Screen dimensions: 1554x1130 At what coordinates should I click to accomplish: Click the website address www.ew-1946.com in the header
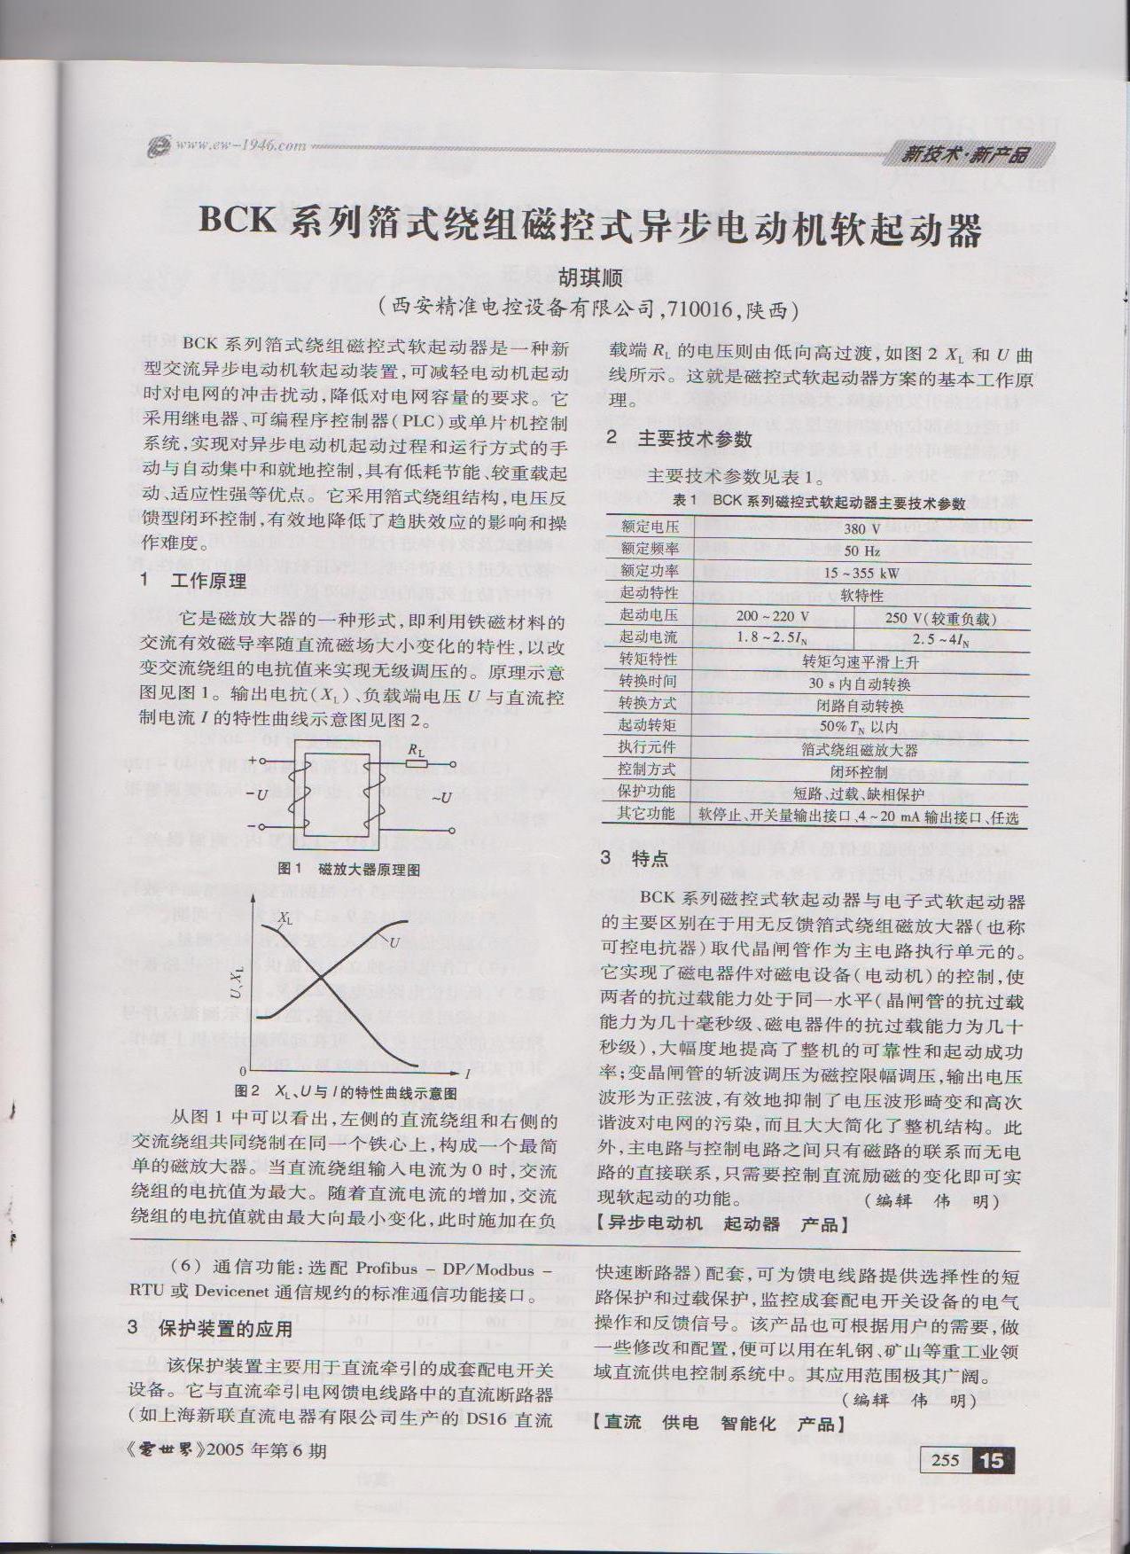[x=239, y=145]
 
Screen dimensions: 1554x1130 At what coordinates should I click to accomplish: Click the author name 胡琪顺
[x=589, y=277]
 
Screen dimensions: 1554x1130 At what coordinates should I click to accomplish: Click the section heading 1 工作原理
[x=194, y=581]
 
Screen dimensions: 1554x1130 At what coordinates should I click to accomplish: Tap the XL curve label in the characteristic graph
[x=284, y=918]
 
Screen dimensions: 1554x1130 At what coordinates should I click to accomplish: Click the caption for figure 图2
[x=345, y=1090]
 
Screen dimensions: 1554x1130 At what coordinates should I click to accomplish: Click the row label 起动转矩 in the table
[x=647, y=725]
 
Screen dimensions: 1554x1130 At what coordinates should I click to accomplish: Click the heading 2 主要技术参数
[x=679, y=438]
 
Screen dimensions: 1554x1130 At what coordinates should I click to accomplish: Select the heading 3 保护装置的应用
[x=210, y=1329]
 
